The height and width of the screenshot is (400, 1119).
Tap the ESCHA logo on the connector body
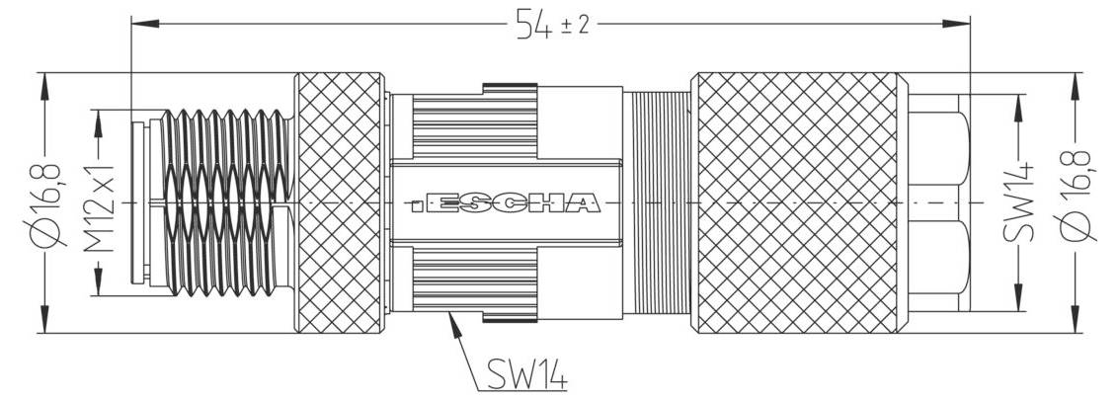pyautogui.click(x=505, y=204)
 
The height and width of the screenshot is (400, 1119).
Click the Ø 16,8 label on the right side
pyautogui.click(x=1074, y=202)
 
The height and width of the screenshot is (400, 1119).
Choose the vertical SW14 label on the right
pyautogui.click(x=1018, y=202)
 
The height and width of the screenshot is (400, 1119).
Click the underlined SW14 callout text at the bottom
pyautogui.click(x=525, y=374)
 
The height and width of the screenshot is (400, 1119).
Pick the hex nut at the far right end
pyautogui.click(x=938, y=202)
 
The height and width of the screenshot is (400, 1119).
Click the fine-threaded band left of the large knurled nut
pyautogui.click(x=660, y=202)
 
